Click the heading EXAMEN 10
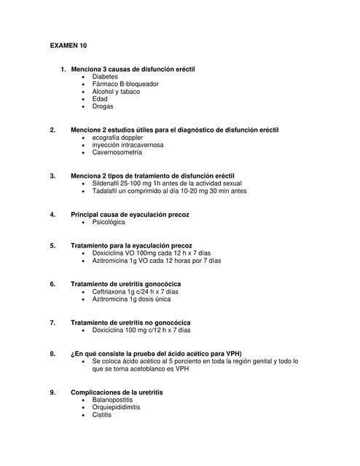coord(68,45)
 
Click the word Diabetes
coord(105,76)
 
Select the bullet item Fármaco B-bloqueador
coord(125,84)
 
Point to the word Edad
coord(100,99)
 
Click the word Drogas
coord(103,107)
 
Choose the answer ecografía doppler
coord(117,138)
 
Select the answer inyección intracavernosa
coord(127,145)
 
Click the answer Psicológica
coord(109,222)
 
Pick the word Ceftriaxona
coord(109,291)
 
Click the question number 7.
coord(52,322)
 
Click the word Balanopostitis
coord(113,400)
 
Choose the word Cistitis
coord(102,415)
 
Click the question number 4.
coord(52,215)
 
